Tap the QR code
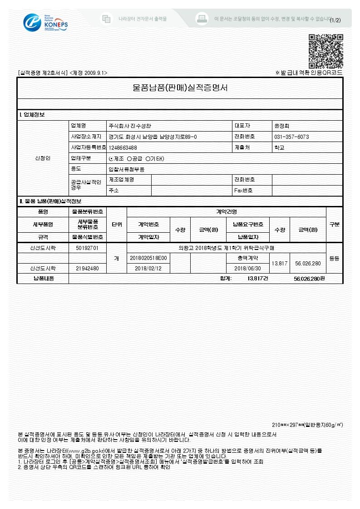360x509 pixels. pos(325,51)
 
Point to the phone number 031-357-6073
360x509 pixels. pos(291,137)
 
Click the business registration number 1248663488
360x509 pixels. pos(123,147)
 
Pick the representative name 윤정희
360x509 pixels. pos(282,125)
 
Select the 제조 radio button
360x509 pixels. pos(112,158)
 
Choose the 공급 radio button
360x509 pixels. pos(129,158)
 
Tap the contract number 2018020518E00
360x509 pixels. pos(148,258)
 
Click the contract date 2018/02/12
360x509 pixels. pos(148,268)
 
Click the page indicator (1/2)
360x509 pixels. pos(335,20)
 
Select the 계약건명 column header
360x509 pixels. pos(226,212)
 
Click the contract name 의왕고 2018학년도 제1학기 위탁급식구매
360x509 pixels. pos(226,248)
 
